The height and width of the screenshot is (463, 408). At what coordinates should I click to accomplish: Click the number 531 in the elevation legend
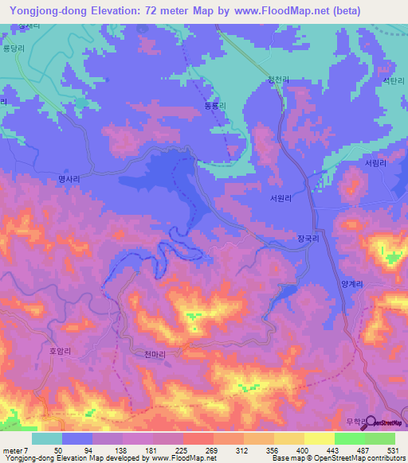coord(394,450)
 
